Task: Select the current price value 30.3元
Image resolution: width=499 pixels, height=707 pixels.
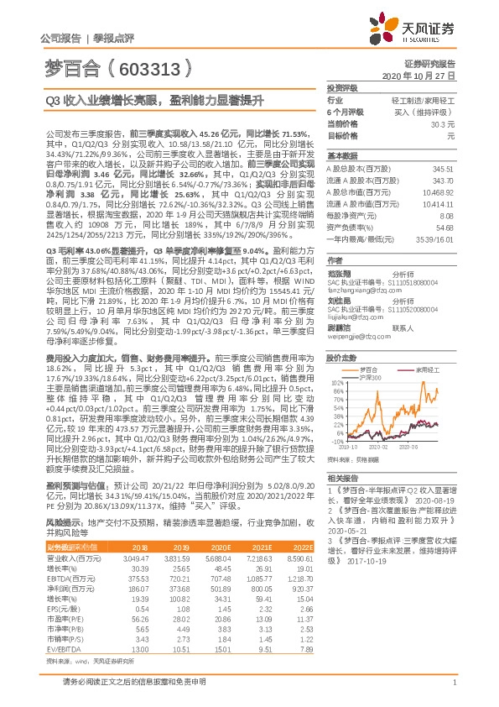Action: [x=443, y=123]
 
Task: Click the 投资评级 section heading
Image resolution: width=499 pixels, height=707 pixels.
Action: [x=342, y=87]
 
